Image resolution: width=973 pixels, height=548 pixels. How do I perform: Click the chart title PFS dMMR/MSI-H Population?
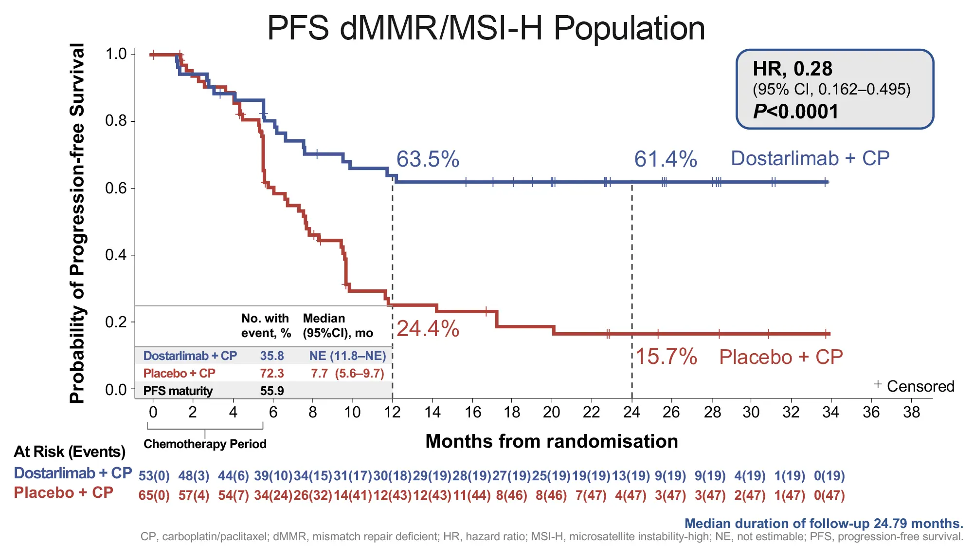click(x=486, y=28)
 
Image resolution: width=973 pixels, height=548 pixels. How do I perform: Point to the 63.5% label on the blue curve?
click(x=427, y=159)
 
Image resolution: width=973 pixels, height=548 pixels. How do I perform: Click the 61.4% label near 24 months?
click(x=665, y=159)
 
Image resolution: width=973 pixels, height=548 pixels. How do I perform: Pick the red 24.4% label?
click(x=427, y=329)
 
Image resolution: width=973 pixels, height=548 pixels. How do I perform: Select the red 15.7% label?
click(x=666, y=357)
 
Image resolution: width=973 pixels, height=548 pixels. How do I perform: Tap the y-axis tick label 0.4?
click(x=116, y=255)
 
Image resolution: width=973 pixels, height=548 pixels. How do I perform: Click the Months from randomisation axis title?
click(x=551, y=441)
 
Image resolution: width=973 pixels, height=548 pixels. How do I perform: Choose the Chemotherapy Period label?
click(x=205, y=444)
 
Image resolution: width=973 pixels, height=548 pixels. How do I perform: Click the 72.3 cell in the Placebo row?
click(x=271, y=374)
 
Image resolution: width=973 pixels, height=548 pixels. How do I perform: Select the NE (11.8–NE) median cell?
click(x=347, y=356)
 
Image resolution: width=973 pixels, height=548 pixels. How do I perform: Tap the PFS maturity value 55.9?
click(x=271, y=391)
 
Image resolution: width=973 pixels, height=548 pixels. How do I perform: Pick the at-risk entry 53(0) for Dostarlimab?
click(x=154, y=475)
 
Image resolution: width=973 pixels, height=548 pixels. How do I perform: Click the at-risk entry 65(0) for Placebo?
click(x=154, y=495)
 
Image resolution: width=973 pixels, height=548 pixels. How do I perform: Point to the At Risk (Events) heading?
click(x=69, y=452)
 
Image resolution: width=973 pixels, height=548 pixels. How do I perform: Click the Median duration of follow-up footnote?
click(x=823, y=524)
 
